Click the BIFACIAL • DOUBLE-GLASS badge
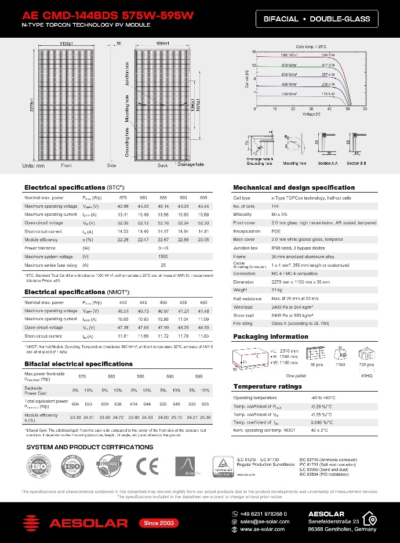(x=317, y=19)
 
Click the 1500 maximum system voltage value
(x=163, y=256)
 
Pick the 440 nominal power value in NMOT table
(x=123, y=303)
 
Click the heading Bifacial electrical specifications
(x=78, y=364)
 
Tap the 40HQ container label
(x=368, y=376)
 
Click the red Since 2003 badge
(x=159, y=523)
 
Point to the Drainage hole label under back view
(x=191, y=165)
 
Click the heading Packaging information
(x=270, y=336)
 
